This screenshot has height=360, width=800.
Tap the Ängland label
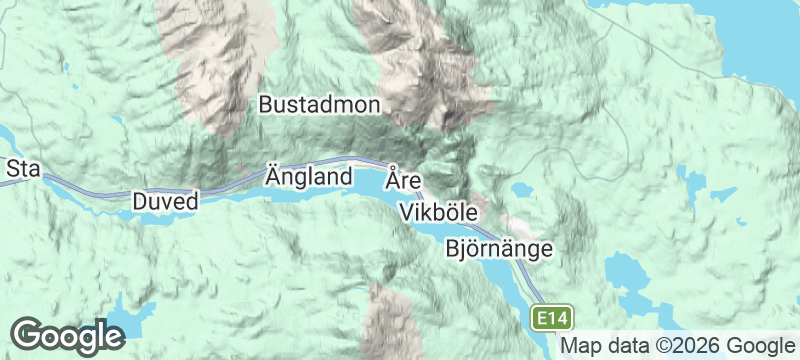click(309, 177)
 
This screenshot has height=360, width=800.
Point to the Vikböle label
click(439, 212)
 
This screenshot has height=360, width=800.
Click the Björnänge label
click(497, 248)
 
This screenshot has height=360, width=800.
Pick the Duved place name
click(166, 200)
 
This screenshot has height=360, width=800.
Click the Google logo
click(68, 336)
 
